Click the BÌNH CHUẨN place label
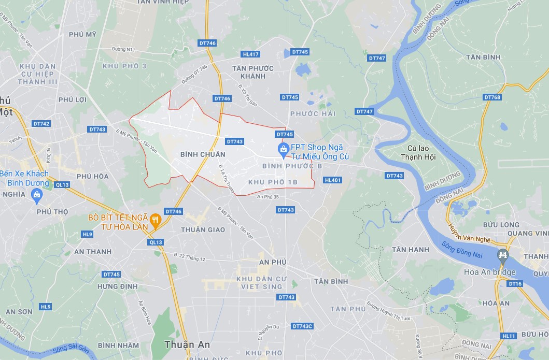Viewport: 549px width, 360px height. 203,154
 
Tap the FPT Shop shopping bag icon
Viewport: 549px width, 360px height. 283,151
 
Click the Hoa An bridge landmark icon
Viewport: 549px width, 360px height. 502,255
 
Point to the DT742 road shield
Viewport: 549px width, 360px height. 41,124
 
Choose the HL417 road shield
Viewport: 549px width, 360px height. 250,54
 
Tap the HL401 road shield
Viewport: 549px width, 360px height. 332,180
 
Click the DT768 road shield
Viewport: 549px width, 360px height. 492,97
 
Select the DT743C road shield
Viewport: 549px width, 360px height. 302,326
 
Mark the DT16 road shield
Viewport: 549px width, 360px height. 515,284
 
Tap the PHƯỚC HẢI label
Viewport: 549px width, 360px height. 313,113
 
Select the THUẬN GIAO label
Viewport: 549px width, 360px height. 203,229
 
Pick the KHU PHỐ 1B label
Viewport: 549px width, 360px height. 273,182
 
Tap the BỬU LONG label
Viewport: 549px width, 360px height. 501,225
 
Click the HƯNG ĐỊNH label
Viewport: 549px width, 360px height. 117,286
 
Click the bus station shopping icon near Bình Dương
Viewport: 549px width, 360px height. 36,194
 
